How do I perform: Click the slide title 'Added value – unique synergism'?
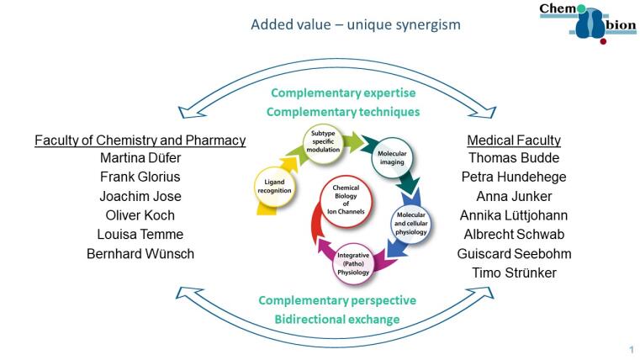355,24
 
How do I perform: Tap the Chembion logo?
587,23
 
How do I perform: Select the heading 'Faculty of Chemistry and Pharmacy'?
140,140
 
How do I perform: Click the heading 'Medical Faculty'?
514,140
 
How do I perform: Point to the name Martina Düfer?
140,159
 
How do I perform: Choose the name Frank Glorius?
140,177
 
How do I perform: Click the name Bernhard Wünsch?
140,252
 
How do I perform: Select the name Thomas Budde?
514,159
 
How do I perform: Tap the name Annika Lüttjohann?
514,215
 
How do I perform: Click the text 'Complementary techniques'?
345,111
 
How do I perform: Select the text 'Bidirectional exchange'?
336,319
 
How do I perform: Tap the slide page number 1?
631,349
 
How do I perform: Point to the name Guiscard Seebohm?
514,252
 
